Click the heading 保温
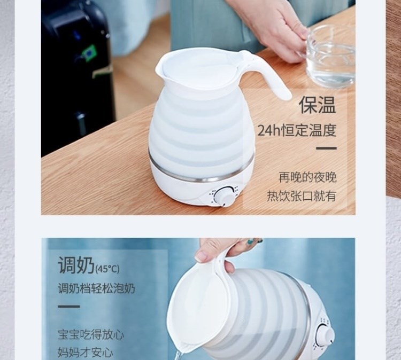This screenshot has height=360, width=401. click(318, 105)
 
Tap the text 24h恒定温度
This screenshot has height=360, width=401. click(297, 130)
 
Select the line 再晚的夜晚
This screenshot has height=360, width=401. click(307, 177)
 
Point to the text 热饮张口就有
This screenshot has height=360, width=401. click(302, 196)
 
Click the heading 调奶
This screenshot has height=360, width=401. click(76, 265)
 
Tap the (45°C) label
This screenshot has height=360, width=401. click(107, 269)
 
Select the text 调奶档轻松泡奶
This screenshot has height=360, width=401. click(96, 289)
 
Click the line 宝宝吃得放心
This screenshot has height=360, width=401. click(91, 334)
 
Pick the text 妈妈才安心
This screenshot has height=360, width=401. click(86, 353)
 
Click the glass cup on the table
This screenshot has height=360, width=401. click(330, 56)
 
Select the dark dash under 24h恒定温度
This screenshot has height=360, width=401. click(326, 148)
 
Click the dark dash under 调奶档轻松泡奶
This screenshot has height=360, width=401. click(69, 307)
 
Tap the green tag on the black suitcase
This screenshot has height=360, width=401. click(88, 53)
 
